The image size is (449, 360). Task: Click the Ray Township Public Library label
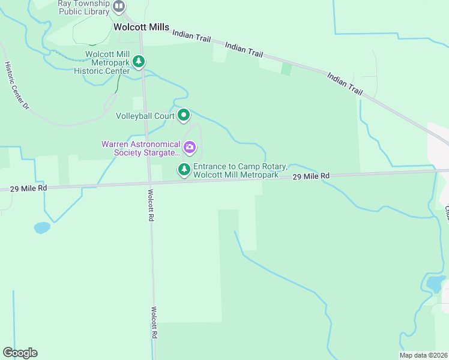(x=83, y=7)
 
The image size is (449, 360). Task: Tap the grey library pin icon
(x=119, y=7)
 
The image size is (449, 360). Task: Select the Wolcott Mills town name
(x=141, y=27)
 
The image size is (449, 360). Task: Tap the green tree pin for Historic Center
(x=139, y=61)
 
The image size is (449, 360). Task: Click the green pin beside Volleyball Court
(x=184, y=115)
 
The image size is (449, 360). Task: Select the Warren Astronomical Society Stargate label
(x=141, y=148)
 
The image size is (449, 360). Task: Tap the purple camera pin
(x=190, y=147)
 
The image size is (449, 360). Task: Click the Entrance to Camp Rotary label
(x=236, y=170)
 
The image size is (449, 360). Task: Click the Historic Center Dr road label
(x=17, y=85)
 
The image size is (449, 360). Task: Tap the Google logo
(x=20, y=353)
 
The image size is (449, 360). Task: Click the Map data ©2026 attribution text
(x=423, y=355)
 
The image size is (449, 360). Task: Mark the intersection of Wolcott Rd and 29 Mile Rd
(x=150, y=182)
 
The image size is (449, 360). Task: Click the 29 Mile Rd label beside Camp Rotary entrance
(x=312, y=176)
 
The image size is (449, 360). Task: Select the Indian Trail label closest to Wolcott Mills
(x=191, y=37)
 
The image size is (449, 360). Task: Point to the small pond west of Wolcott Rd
(x=42, y=227)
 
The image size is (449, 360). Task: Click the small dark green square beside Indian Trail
(x=286, y=69)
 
